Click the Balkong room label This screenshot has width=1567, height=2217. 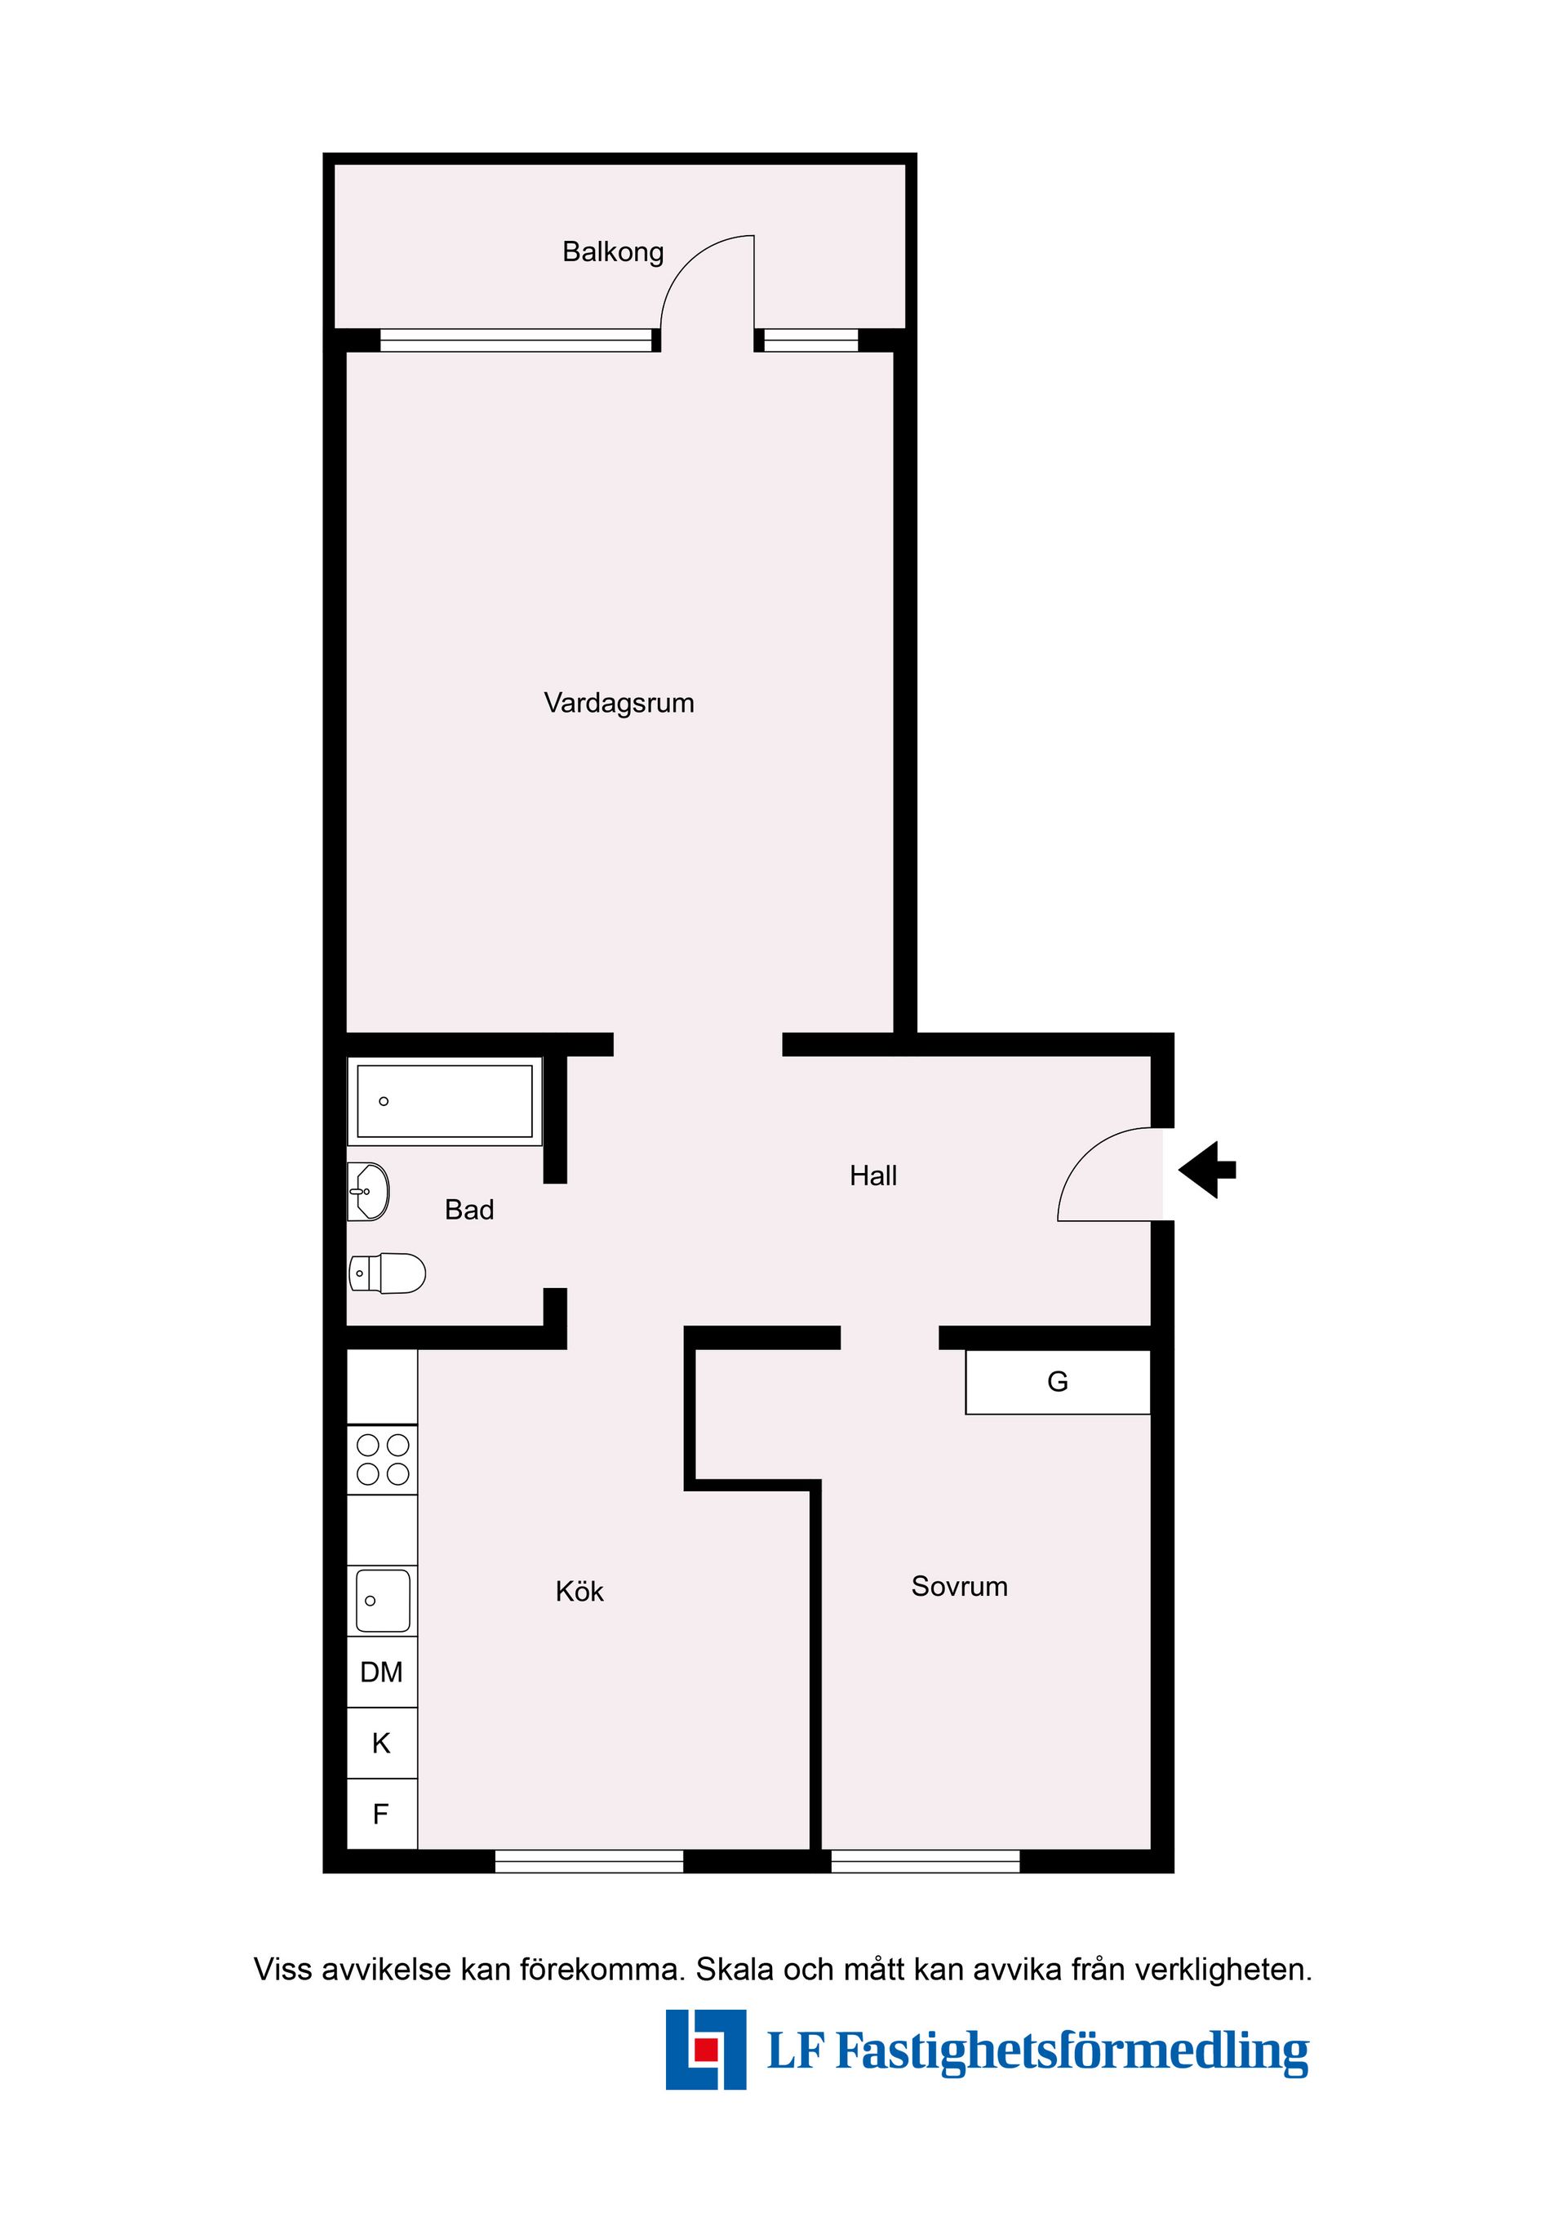pyautogui.click(x=613, y=252)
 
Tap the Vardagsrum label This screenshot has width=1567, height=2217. pyautogui.click(x=619, y=703)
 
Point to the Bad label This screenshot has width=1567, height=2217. pyautogui.click(x=469, y=1210)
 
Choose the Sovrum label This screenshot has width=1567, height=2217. pyautogui.click(x=960, y=1587)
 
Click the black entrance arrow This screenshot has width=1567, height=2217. pyautogui.click(x=1207, y=1171)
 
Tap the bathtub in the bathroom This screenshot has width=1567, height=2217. pyautogui.click(x=445, y=1102)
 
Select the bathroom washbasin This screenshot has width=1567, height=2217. pyautogui.click(x=368, y=1192)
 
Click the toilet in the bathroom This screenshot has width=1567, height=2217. pyautogui.click(x=387, y=1273)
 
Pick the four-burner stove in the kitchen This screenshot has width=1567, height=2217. pyautogui.click(x=382, y=1460)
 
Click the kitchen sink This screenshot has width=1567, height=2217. pyautogui.click(x=382, y=1601)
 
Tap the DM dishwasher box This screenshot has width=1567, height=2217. pyautogui.click(x=382, y=1672)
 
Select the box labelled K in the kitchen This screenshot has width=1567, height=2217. pyautogui.click(x=382, y=1743)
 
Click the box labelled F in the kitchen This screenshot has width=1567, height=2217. pyautogui.click(x=382, y=1814)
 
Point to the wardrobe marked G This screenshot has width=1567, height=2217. pyautogui.click(x=1059, y=1382)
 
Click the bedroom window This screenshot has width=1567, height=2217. pyautogui.click(x=925, y=1861)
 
